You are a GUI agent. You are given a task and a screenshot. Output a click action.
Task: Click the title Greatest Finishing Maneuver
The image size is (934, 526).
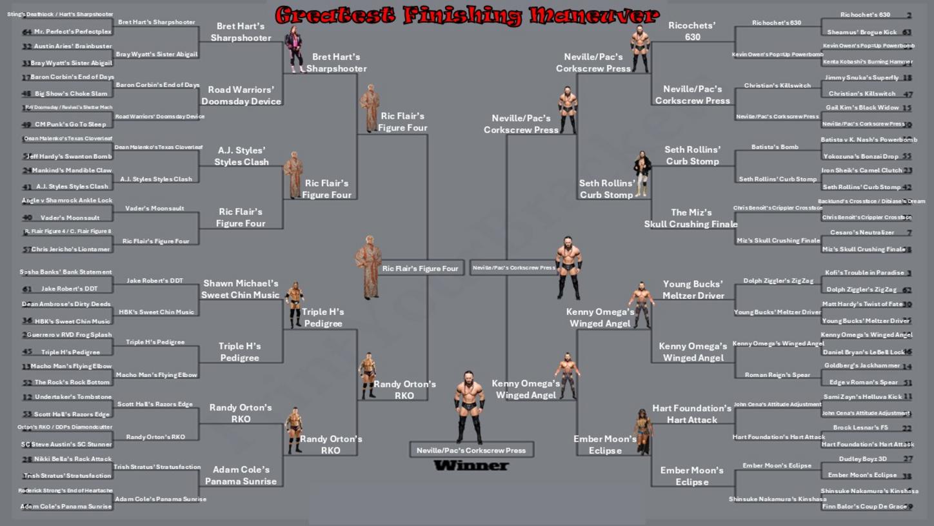467,14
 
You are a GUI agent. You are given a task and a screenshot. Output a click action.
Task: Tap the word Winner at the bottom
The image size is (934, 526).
471,465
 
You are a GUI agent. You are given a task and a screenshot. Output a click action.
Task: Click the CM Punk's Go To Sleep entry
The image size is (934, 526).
70,124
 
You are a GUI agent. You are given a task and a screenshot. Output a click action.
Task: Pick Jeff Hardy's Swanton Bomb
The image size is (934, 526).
69,156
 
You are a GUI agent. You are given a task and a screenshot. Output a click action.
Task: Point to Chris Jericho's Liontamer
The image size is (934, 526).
70,249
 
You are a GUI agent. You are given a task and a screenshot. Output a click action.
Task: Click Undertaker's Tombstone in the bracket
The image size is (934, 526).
73,397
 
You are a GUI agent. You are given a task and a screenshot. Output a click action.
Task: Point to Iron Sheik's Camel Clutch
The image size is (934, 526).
862,170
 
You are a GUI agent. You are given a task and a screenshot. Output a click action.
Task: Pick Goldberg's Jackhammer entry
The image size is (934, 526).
862,365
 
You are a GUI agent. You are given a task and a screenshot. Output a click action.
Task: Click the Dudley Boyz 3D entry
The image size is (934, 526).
862,459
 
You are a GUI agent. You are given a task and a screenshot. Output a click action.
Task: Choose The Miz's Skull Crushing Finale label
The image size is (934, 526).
691,218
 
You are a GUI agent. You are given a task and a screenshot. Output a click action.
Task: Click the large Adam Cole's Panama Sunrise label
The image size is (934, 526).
241,476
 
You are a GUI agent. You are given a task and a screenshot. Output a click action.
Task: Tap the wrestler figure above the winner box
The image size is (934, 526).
469,407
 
